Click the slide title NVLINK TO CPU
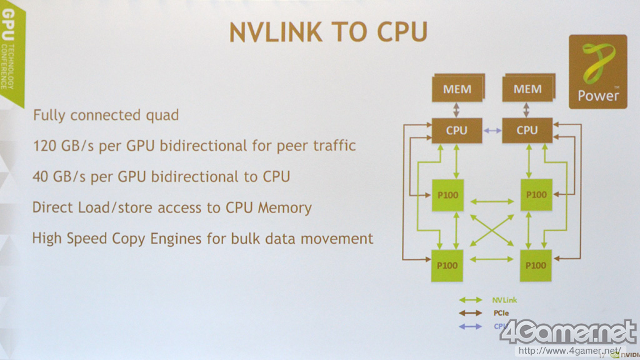pos(328,32)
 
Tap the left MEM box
pos(457,89)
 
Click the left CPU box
pos(457,130)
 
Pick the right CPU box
pos(527,130)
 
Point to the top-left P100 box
pos(447,194)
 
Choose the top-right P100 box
pos(536,194)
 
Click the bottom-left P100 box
pos(447,265)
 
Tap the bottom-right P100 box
pos(536,265)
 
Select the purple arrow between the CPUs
pos(492,130)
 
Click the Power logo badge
pos(597,71)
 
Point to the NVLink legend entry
pos(504,300)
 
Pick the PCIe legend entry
pos(502,313)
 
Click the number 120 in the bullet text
pos(45,146)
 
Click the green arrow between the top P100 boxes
pos(491,201)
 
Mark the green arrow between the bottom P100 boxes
pos(491,259)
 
